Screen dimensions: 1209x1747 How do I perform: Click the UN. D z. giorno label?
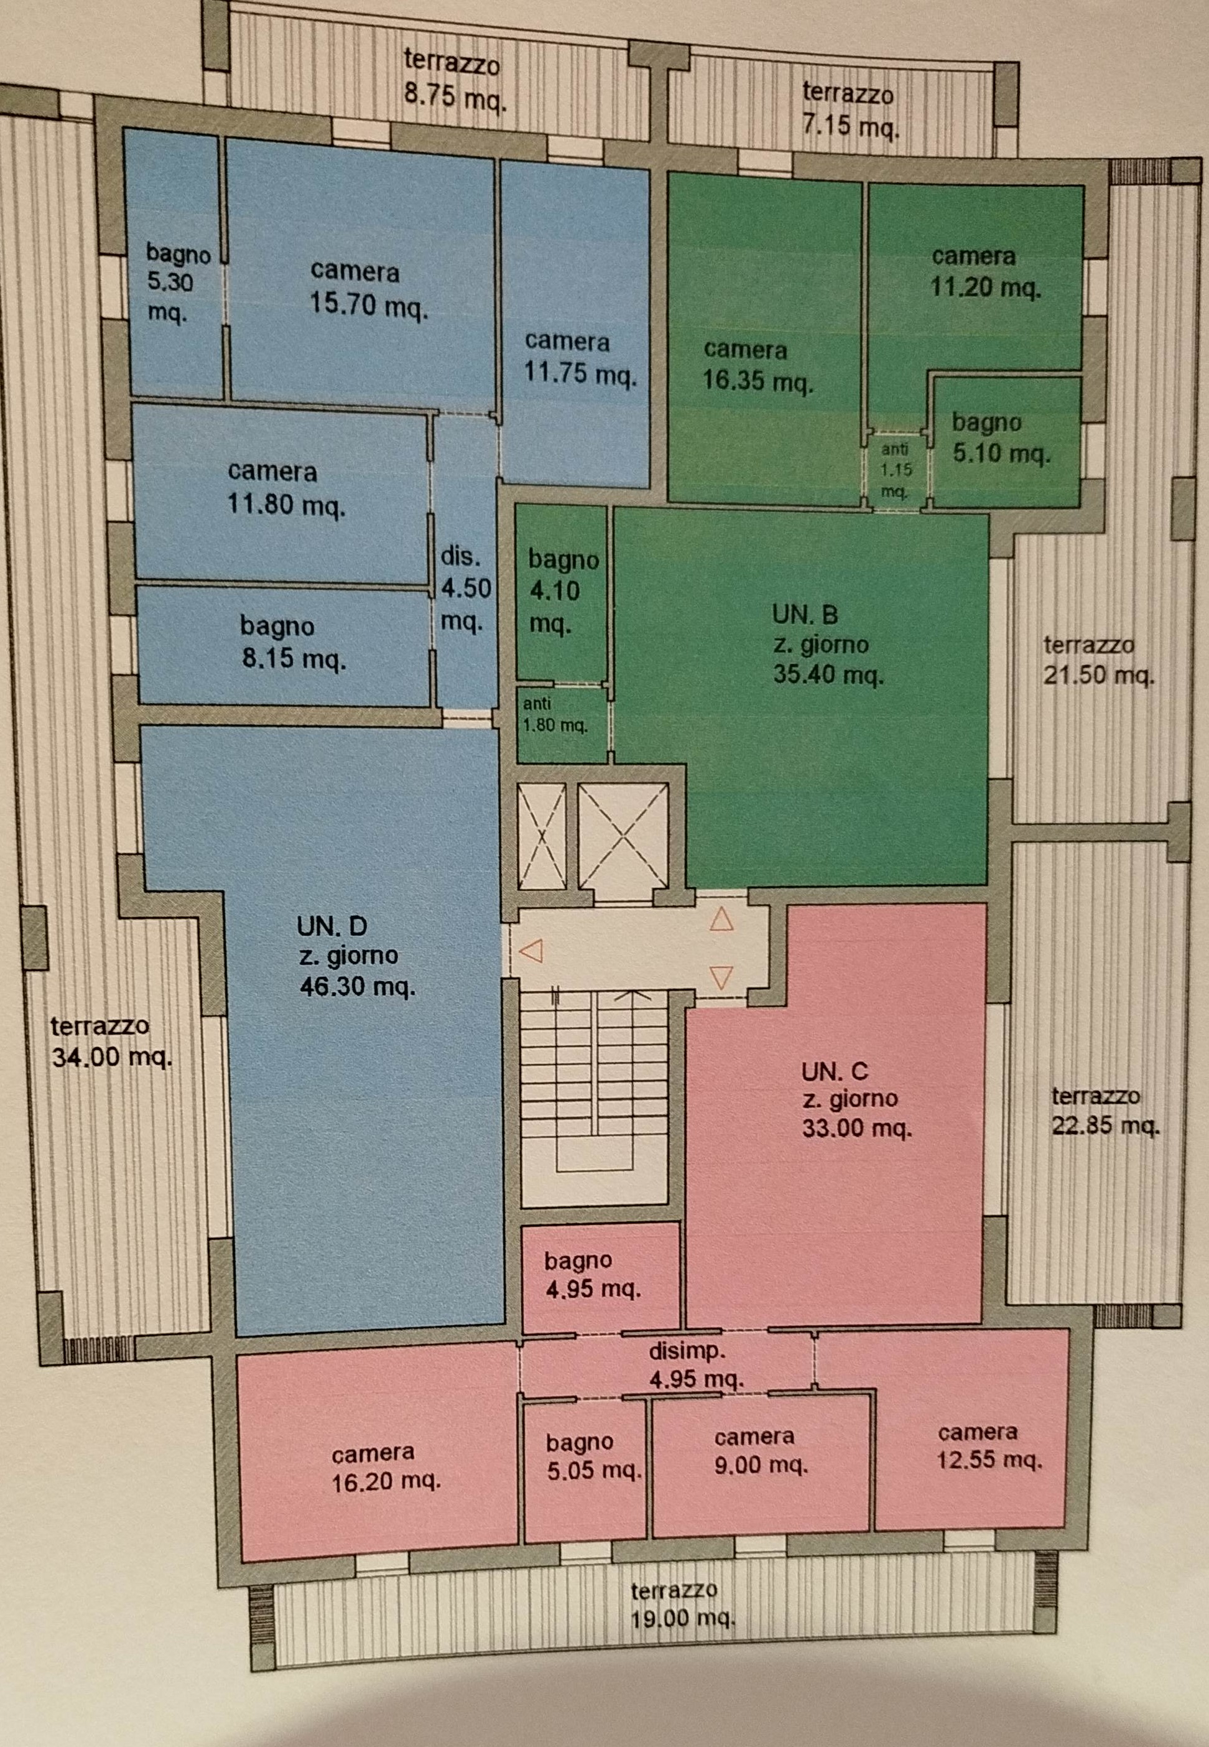(357, 956)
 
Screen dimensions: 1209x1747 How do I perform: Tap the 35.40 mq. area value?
(828, 674)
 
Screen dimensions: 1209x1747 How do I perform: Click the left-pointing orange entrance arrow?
(532, 951)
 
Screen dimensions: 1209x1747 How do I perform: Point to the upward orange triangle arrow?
(721, 920)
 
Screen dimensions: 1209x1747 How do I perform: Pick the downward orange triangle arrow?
(721, 978)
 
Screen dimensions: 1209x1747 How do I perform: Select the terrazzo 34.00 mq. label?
(111, 1043)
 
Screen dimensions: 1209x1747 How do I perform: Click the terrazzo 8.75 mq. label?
(454, 80)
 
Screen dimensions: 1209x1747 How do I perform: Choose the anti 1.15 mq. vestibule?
(896, 470)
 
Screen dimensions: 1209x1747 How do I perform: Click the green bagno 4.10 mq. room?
(562, 593)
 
